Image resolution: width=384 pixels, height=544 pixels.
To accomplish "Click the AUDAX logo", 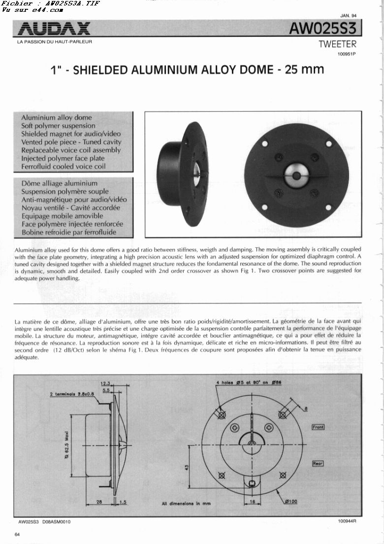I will click(54, 29).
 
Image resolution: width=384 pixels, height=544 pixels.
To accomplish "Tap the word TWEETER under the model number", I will click(337, 44).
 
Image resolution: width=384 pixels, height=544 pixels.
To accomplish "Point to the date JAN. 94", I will click(348, 16).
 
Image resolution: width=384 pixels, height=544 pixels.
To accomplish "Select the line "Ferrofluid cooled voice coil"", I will click(64, 167).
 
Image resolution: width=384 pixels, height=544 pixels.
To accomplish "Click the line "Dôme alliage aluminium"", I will click(59, 183).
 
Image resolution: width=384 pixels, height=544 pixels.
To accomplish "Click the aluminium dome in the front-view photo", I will click(296, 174).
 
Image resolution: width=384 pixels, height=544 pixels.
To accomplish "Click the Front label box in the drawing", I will click(318, 427).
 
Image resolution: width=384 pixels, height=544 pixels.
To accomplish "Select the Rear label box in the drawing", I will click(318, 463).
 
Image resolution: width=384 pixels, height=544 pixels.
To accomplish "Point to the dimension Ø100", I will click(290, 502).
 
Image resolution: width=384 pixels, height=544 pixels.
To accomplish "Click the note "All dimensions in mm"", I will click(186, 504).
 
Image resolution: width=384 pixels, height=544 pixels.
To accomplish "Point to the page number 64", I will click(17, 535).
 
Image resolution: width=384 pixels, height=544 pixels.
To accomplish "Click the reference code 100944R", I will click(347, 521).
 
